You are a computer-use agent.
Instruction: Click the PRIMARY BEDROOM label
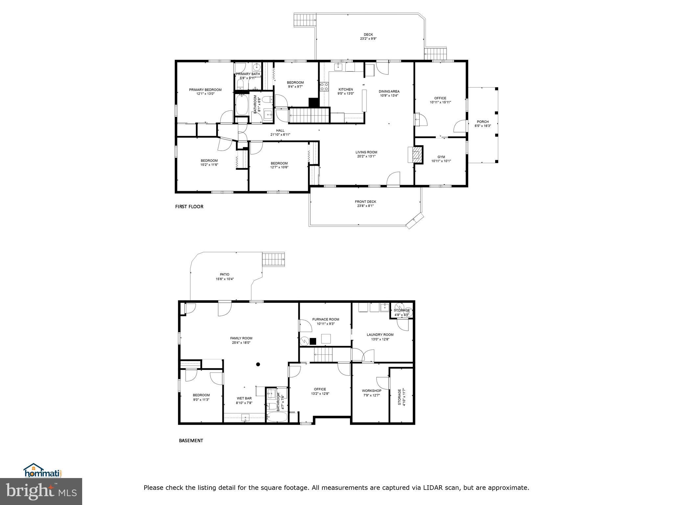205,90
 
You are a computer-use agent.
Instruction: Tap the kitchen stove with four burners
324,87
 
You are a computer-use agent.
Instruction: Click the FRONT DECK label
365,202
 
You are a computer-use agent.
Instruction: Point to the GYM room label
441,157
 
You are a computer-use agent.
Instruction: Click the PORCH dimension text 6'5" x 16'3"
483,126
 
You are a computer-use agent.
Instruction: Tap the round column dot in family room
258,364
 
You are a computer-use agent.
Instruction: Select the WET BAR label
244,398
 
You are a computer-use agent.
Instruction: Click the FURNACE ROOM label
326,319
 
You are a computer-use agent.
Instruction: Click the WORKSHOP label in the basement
371,391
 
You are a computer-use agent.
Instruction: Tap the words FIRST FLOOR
189,206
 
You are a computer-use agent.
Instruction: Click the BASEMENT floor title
191,441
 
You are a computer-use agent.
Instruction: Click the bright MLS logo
41,491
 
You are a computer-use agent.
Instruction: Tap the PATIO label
224,275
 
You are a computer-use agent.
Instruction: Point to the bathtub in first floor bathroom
242,104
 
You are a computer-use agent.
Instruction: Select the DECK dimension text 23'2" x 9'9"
368,39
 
